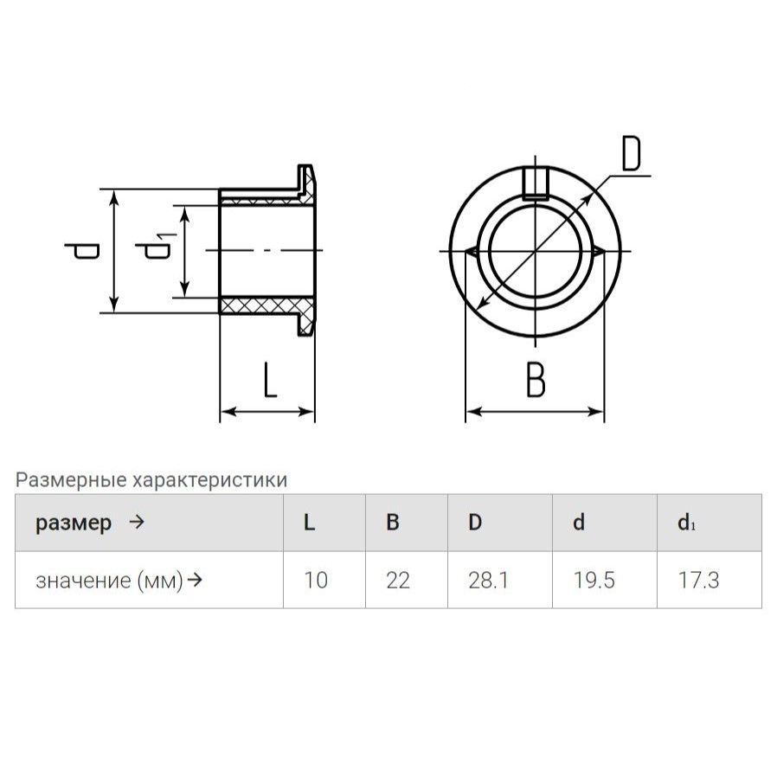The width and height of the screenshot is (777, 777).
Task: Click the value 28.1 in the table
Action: [x=488, y=581]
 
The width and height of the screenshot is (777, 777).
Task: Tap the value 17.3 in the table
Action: [x=698, y=581]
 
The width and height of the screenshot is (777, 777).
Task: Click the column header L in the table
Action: [x=309, y=523]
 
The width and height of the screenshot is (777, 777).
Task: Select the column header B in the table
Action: [x=393, y=523]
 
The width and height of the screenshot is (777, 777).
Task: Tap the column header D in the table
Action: [x=475, y=523]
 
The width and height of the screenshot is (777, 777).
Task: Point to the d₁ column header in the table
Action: [x=686, y=523]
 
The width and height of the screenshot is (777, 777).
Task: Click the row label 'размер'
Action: [x=74, y=523]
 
